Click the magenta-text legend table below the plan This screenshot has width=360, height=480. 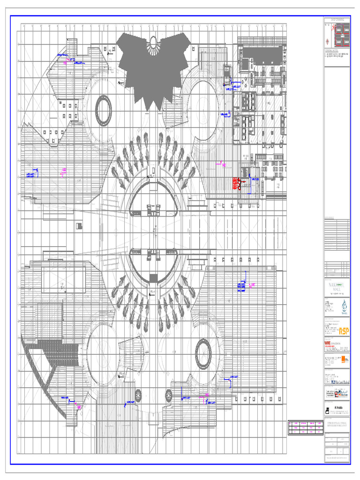306,428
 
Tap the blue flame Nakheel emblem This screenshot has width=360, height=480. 344,305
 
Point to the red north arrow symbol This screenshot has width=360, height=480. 327,29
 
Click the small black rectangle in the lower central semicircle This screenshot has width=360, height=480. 153,278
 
